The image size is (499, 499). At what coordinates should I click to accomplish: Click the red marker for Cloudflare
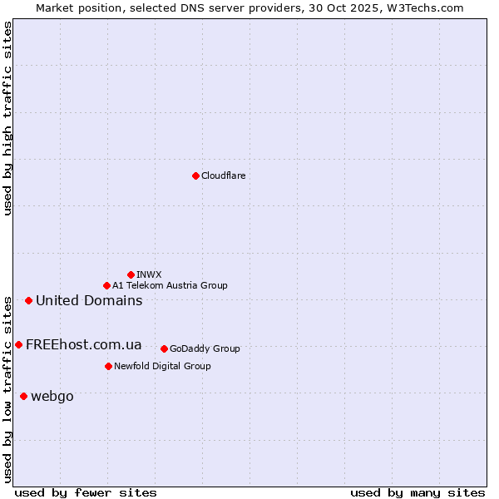coord(195,175)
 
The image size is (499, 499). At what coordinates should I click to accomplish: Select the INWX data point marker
coord(131,274)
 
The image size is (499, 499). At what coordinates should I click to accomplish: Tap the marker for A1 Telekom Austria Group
coord(106,285)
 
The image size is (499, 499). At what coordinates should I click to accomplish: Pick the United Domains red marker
coord(28,300)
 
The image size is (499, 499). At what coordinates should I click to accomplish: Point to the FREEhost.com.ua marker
coord(18,344)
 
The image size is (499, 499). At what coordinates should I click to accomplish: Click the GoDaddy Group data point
coord(164,348)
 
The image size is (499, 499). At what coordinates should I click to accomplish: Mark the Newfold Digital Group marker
coord(108,366)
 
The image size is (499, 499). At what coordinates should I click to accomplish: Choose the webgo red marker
coord(23,396)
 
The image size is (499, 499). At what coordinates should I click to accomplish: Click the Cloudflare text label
coord(223,175)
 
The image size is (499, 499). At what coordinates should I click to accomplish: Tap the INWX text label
coord(149,274)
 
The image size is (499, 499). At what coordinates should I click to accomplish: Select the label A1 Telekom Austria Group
coord(170,285)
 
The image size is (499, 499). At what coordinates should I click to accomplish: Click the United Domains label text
coord(89,300)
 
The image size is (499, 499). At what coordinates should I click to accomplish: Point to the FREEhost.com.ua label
coord(83,344)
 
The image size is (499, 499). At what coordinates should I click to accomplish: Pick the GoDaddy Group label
coord(205,348)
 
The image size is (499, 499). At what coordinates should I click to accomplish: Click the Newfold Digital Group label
coord(162,366)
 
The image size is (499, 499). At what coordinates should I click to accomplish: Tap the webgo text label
coord(52,396)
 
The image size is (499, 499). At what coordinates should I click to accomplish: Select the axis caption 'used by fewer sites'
coord(86,492)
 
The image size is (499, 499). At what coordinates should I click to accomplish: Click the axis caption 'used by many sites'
coord(417,492)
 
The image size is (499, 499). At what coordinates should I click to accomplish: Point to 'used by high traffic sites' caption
coord(7,118)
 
